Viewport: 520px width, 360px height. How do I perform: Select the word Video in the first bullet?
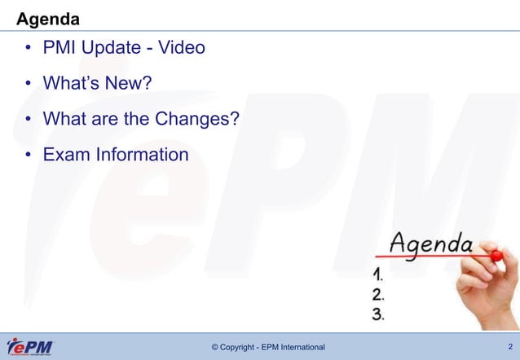[181, 48]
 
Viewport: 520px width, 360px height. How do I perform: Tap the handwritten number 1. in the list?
[379, 274]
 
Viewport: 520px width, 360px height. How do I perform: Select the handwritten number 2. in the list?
[379, 294]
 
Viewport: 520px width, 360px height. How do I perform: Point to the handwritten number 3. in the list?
[379, 314]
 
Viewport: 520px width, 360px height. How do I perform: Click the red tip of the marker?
[497, 256]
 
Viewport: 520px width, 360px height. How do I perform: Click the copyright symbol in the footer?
[215, 349]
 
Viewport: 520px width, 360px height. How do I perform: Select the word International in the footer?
[300, 349]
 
